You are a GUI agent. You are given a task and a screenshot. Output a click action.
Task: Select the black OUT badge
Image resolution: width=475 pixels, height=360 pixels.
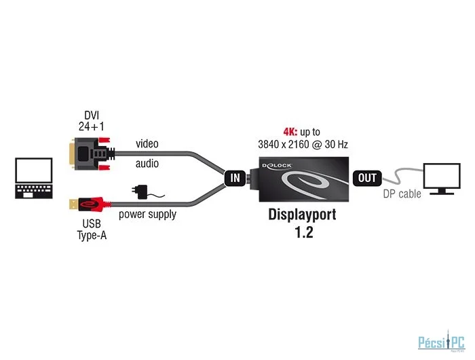point(367,179)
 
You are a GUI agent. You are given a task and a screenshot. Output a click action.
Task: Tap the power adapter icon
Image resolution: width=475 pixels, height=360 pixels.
point(145,192)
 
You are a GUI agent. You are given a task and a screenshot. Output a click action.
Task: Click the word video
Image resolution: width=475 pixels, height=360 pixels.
point(147,143)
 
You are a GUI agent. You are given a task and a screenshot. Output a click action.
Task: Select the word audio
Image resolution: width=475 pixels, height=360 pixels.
point(147,164)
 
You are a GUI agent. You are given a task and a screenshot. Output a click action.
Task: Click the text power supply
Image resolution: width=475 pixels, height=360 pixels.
point(147,215)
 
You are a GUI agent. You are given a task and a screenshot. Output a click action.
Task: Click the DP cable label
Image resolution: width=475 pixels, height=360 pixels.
point(401,194)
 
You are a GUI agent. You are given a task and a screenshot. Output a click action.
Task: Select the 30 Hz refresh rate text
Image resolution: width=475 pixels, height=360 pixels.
point(332,144)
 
